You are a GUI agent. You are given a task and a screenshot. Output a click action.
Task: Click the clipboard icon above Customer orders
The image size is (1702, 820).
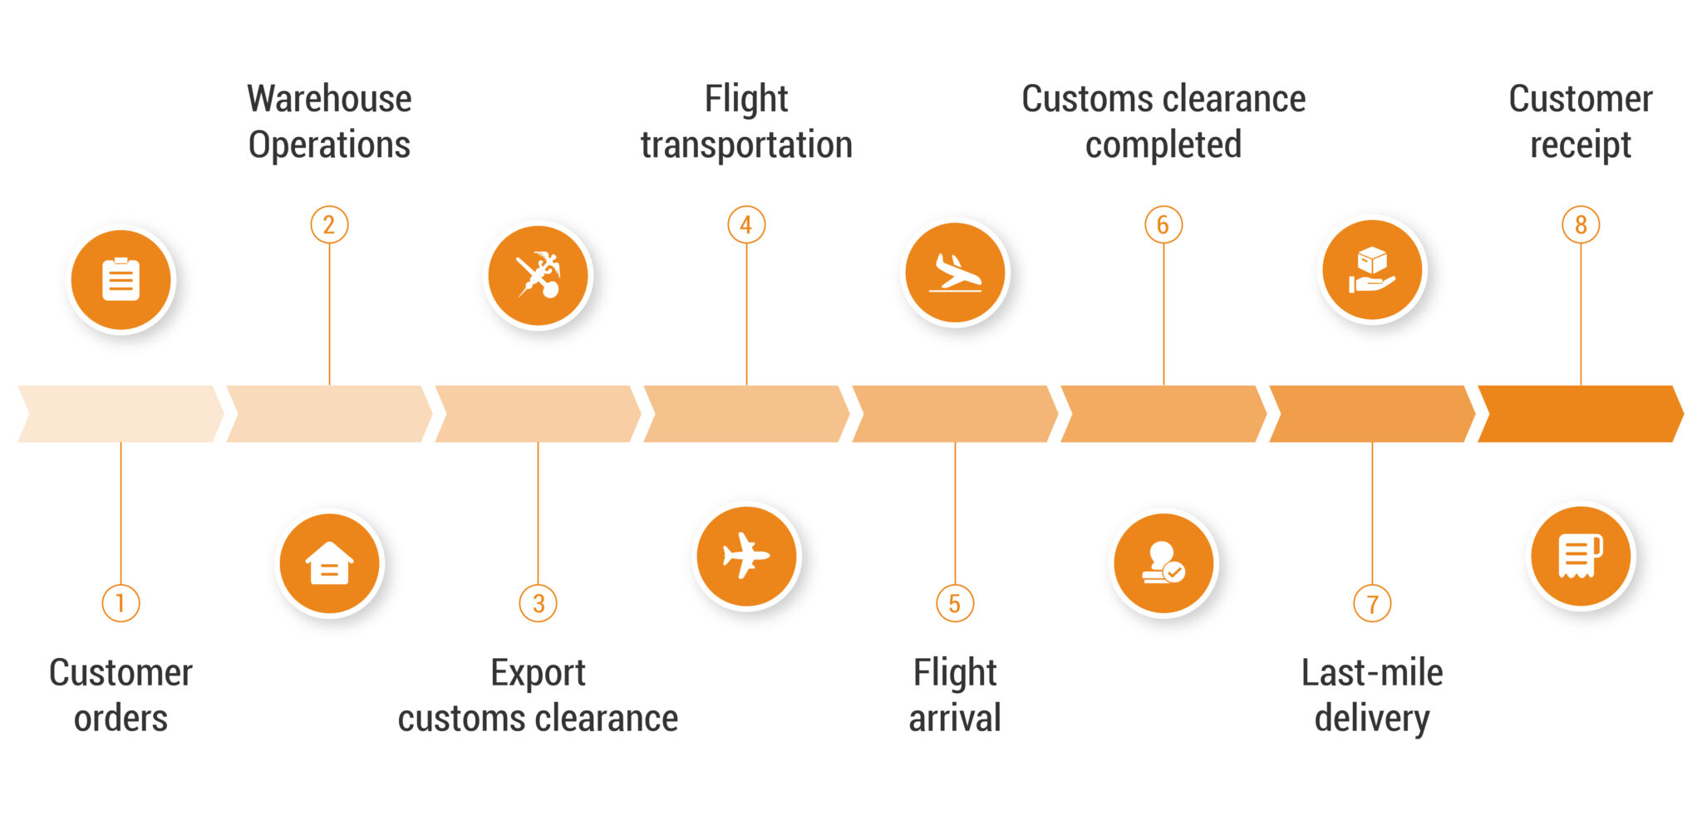[x=121, y=280]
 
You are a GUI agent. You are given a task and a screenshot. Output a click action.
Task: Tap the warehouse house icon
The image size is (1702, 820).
[x=330, y=564]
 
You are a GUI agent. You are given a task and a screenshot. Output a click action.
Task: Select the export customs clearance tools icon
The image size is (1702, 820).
[x=539, y=276]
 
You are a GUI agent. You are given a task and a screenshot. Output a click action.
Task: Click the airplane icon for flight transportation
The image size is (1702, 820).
[x=746, y=556]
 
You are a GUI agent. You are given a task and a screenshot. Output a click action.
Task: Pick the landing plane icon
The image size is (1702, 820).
[x=956, y=273]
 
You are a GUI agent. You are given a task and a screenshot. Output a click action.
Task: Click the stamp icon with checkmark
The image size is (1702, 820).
[x=1163, y=562]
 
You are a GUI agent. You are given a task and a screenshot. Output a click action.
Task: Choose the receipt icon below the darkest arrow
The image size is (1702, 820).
[x=1581, y=556]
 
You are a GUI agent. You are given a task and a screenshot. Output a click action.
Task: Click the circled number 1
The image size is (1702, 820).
[x=121, y=603]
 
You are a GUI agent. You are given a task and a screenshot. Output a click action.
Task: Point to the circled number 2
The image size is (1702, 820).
[x=329, y=224]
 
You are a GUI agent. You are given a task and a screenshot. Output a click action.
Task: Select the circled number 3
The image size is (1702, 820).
[x=539, y=603]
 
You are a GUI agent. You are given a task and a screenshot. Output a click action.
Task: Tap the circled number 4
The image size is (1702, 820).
[x=746, y=224]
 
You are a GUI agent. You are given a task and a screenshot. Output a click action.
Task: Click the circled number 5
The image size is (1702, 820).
[x=955, y=603]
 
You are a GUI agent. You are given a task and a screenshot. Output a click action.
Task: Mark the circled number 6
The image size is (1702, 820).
[x=1163, y=224]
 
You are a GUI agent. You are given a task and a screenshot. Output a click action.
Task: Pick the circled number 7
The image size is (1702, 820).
[x=1372, y=603]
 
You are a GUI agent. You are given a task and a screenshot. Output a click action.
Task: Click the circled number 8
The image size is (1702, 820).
[x=1581, y=224]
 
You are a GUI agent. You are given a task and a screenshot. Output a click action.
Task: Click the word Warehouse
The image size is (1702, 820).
[x=329, y=99]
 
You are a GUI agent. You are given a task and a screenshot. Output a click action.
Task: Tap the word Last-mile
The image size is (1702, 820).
[x=1372, y=672]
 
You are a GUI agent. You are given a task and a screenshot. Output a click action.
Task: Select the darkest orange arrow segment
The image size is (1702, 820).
[x=1580, y=414]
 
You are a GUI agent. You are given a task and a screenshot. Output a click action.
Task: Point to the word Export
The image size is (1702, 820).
[x=538, y=672]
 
